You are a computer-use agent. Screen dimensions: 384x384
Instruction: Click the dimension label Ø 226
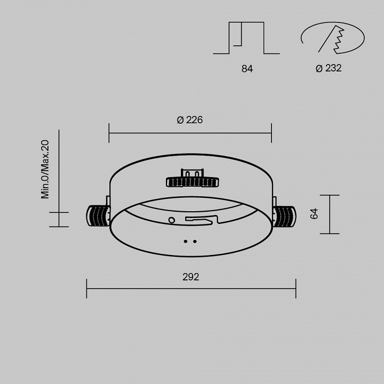pyautogui.click(x=190, y=120)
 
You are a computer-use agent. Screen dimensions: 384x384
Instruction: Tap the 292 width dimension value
pyautogui.click(x=190, y=277)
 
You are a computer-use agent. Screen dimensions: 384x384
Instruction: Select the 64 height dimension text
pyautogui.click(x=314, y=214)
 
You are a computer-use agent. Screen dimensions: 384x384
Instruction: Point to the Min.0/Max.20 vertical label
pyautogui.click(x=45, y=169)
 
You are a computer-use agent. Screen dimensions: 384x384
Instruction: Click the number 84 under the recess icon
pyautogui.click(x=246, y=69)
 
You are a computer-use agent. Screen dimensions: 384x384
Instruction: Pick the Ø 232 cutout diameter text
pyautogui.click(x=328, y=68)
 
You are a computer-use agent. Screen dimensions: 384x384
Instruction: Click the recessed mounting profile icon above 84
pyautogui.click(x=246, y=38)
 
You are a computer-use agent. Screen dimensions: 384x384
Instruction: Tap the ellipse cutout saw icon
pyautogui.click(x=333, y=38)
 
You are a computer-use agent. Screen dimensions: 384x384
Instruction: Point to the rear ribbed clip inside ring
pyautogui.click(x=192, y=182)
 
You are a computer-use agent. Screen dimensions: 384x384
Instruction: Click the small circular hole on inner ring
pyautogui.click(x=171, y=220)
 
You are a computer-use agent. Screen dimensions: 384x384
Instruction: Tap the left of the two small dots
pyautogui.click(x=186, y=241)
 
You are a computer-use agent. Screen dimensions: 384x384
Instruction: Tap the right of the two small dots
pyautogui.click(x=195, y=241)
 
